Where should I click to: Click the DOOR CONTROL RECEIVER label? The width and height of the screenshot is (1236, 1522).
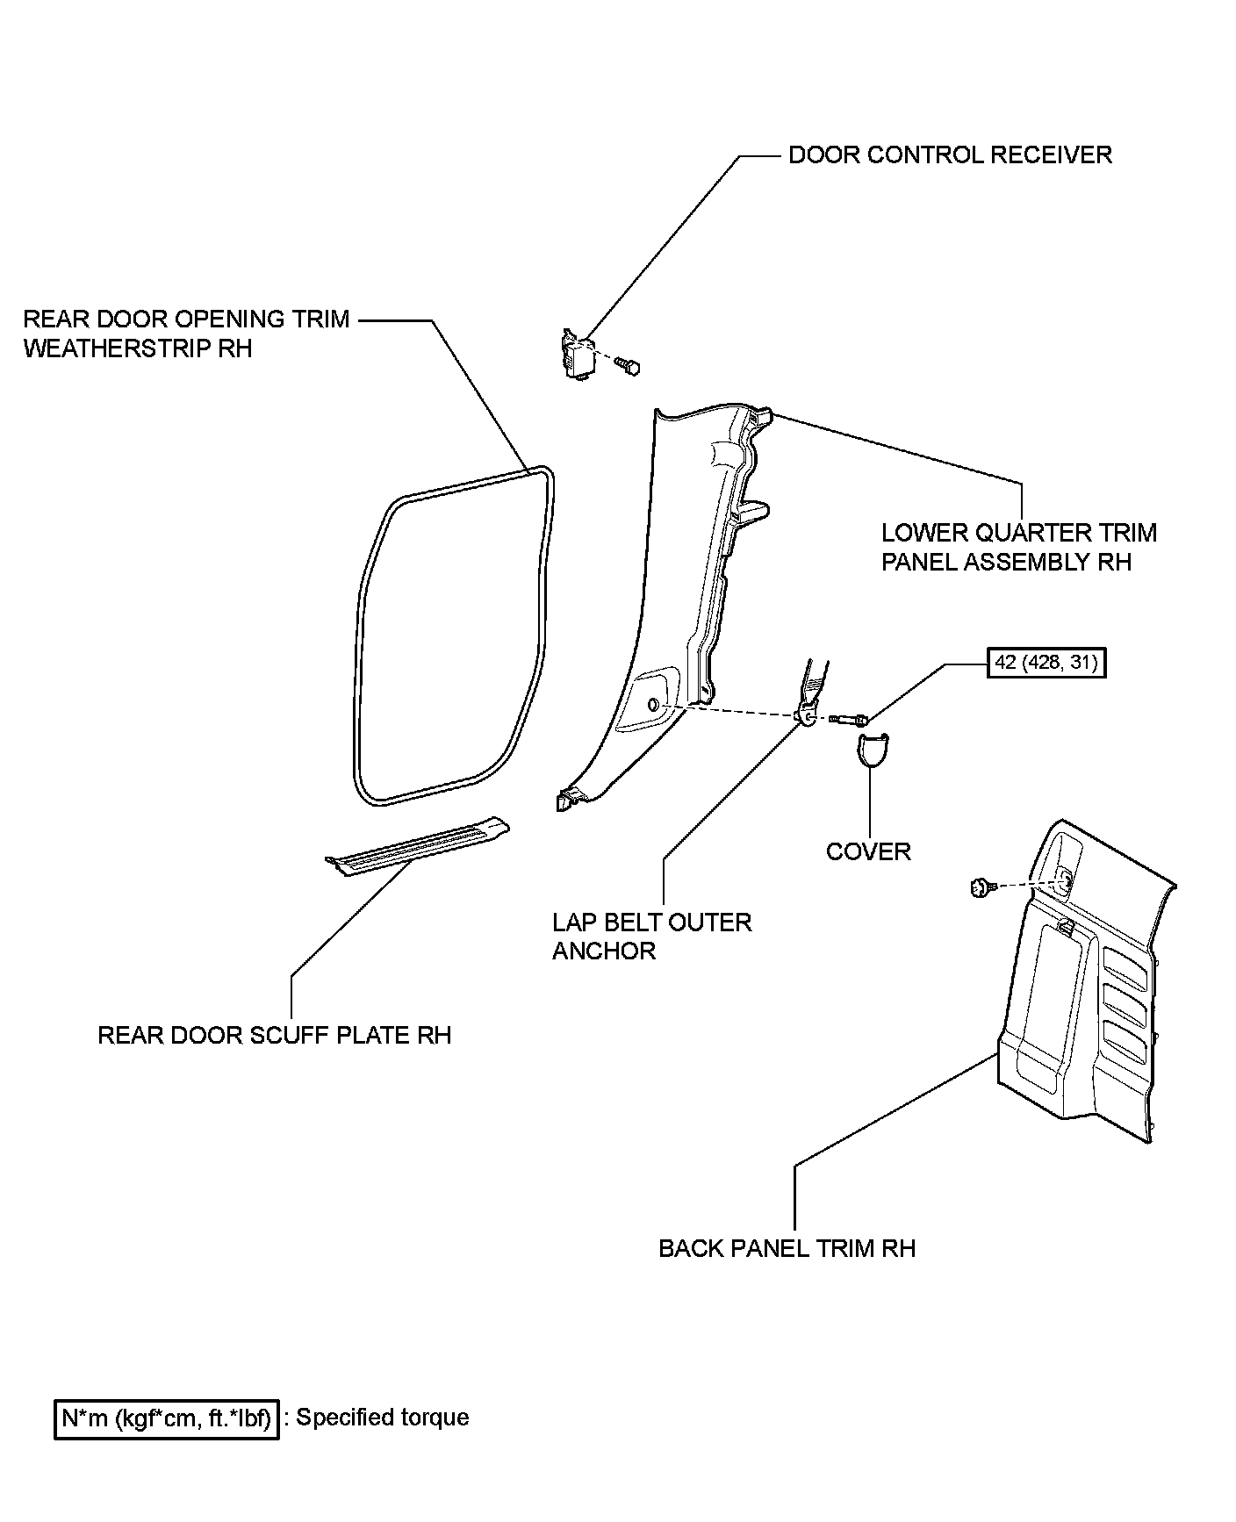950,155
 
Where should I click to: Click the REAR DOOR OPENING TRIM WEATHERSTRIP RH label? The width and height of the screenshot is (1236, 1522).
186,334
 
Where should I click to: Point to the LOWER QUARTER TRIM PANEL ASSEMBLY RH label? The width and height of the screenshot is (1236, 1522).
1018,547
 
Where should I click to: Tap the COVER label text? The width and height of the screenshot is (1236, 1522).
868,851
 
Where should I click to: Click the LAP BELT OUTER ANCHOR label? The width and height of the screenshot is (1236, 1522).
651,937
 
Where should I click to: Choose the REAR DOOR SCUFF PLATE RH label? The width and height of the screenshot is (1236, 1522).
274,1036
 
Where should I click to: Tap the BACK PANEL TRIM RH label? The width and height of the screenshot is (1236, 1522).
787,1248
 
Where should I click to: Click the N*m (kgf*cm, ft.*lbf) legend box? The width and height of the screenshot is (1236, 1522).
167,1418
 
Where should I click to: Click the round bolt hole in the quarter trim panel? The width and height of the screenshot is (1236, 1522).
654,705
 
